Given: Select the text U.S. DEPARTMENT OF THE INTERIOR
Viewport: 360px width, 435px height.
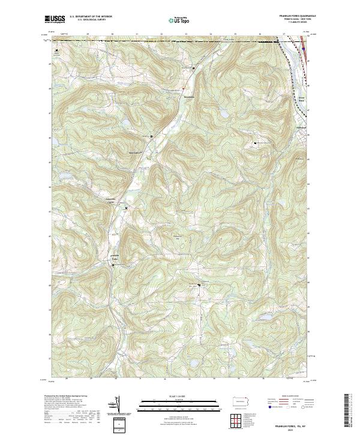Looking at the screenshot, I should point(91,16).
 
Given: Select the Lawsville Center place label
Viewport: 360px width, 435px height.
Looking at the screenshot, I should point(113,201).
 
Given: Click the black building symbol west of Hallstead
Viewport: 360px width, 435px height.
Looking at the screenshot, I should point(256,143).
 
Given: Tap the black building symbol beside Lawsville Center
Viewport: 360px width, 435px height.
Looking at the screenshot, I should point(126,208).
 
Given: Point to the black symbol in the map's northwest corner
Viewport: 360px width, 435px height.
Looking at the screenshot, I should point(57,50).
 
